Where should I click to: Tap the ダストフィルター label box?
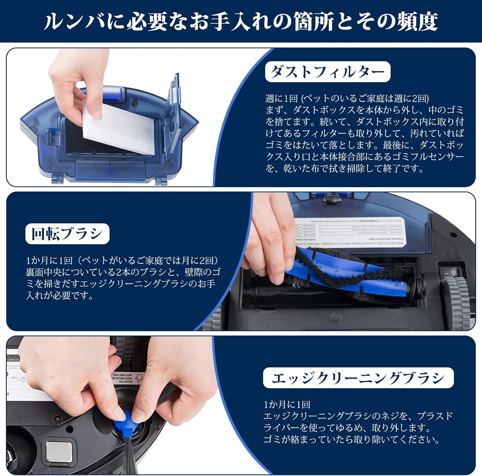327,72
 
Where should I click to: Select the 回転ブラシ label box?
67,234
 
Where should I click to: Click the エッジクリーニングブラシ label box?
358,378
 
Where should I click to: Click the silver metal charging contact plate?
58,452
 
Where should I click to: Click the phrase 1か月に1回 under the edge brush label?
287,405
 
